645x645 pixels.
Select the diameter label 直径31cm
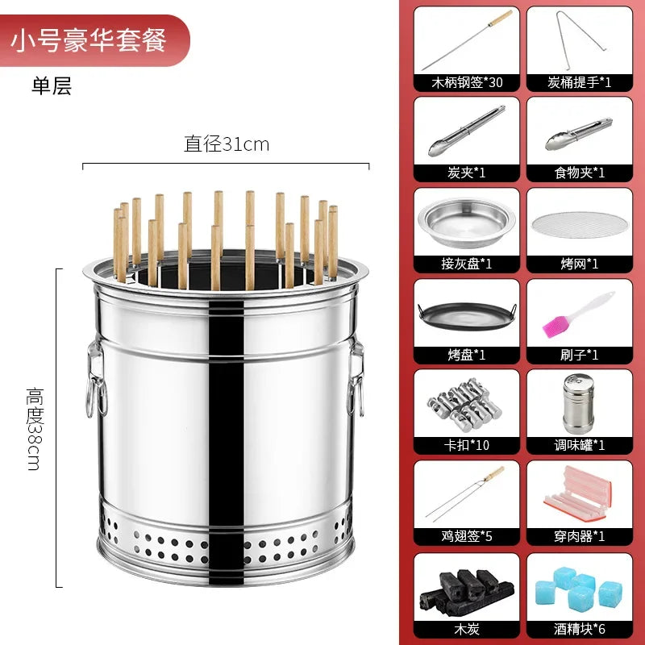click(x=227, y=145)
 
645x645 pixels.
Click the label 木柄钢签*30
click(x=467, y=81)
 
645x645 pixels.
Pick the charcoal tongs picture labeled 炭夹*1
click(x=467, y=130)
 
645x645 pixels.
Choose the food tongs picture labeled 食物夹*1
click(x=579, y=130)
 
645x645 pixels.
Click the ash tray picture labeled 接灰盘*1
click(x=467, y=221)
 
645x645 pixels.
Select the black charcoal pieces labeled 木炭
click(x=467, y=585)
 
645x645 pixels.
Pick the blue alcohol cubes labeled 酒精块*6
click(x=579, y=584)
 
